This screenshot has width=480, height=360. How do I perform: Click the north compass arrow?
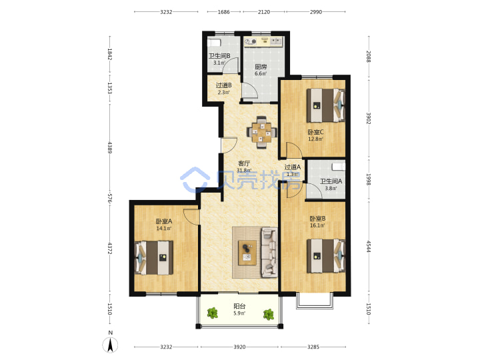tap(110, 345)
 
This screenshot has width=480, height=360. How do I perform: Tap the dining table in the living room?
tap(262, 132)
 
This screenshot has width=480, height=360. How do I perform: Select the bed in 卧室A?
tap(154, 257)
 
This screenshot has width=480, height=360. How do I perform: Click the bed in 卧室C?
tap(326, 105)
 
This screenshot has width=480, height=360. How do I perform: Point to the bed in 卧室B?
tap(326, 255)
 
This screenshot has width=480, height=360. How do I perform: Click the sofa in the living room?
tap(269, 253)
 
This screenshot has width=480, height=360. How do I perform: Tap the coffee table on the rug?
tap(247, 253)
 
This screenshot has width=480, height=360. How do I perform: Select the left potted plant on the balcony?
tap(212, 313)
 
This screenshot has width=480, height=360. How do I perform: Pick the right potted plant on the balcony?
tap(269, 315)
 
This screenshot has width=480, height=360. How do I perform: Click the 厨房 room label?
tap(261, 67)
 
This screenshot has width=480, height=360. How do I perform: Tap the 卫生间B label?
tap(219, 56)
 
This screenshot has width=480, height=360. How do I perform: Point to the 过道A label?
tap(293, 167)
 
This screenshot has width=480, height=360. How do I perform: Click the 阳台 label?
tap(239, 306)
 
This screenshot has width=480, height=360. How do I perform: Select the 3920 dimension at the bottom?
tap(239, 347)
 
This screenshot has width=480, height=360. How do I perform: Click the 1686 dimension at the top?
tap(223, 12)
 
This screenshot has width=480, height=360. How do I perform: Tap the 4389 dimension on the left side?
tap(110, 147)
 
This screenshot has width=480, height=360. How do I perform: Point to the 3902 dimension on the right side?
tap(369, 119)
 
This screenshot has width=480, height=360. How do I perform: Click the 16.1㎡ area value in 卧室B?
tap(317, 225)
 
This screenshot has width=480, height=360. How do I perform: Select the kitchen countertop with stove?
tap(264, 41)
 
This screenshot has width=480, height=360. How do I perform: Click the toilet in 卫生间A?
tap(338, 167)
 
